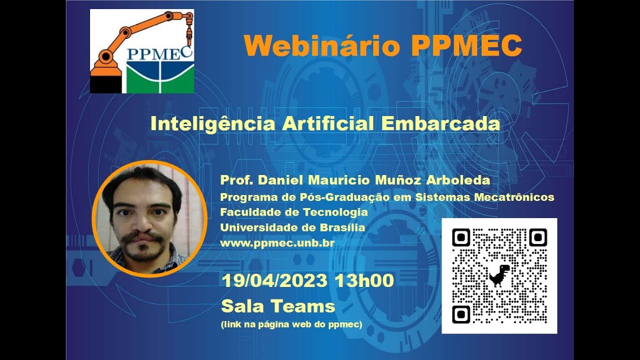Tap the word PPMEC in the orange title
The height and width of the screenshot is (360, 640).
(467, 46)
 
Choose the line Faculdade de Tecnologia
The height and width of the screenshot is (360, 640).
(294, 212)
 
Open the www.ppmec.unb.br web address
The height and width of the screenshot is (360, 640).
(277, 243)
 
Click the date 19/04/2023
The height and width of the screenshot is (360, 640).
(274, 280)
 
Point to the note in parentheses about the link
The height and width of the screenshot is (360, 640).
(291, 325)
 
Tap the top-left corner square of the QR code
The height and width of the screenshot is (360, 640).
(460, 237)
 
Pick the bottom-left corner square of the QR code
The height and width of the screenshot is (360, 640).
(460, 314)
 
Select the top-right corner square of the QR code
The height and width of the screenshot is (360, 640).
(538, 237)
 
